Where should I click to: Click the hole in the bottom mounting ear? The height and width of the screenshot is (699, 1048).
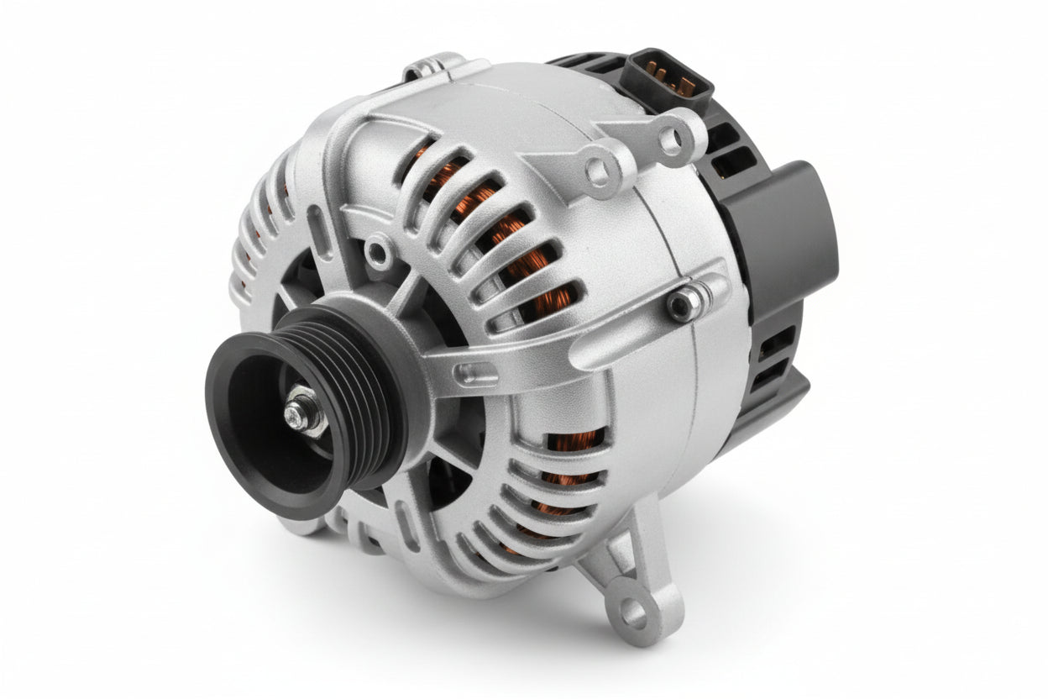634,615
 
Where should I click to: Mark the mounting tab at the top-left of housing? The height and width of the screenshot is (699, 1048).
432,67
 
